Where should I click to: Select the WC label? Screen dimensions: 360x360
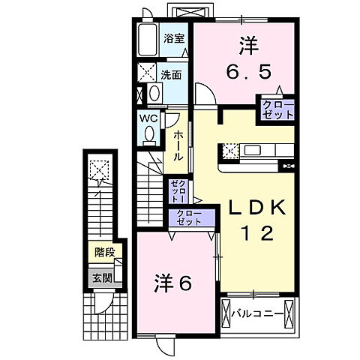(146, 118)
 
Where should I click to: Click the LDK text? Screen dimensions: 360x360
(253, 209)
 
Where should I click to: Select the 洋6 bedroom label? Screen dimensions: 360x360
(174, 283)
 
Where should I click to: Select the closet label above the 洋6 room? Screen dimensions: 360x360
(189, 219)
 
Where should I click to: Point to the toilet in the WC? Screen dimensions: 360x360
(148, 133)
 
